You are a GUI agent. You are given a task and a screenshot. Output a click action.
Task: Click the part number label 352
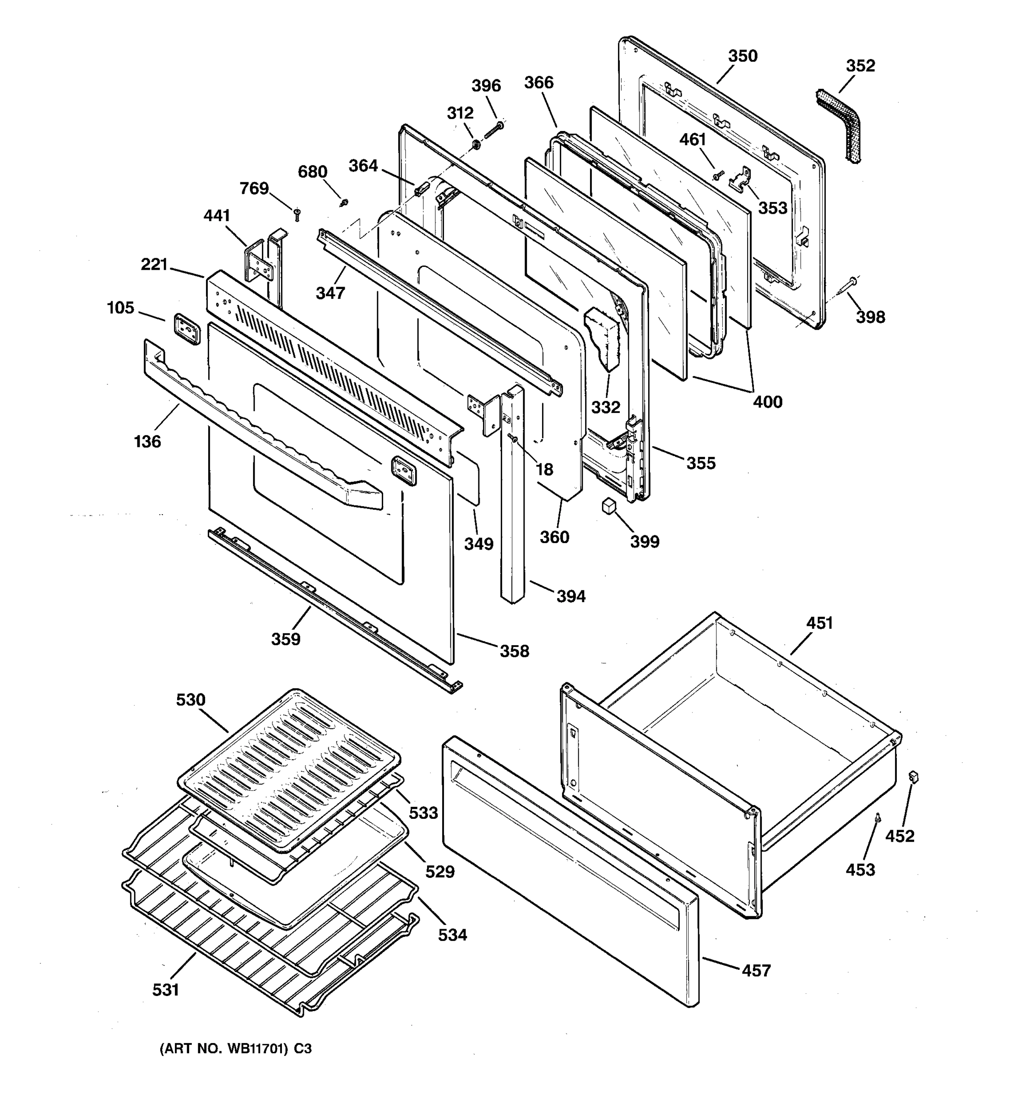(860, 66)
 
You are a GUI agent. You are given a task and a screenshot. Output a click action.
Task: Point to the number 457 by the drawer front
(755, 970)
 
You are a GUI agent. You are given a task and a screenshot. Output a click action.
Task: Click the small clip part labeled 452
(913, 777)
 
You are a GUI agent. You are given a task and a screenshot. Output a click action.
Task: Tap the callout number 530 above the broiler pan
(190, 700)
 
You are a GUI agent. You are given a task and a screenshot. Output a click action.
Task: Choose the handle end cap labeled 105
(186, 330)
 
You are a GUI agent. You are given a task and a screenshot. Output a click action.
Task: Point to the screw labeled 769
(297, 213)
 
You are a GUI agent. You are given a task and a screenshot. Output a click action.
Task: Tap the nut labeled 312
(475, 146)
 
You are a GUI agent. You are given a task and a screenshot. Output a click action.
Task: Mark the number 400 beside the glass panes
(768, 402)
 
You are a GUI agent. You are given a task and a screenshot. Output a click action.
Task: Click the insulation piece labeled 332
(603, 337)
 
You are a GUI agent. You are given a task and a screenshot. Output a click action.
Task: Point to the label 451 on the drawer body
(819, 623)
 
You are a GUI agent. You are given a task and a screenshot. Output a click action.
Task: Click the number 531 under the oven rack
(166, 990)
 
